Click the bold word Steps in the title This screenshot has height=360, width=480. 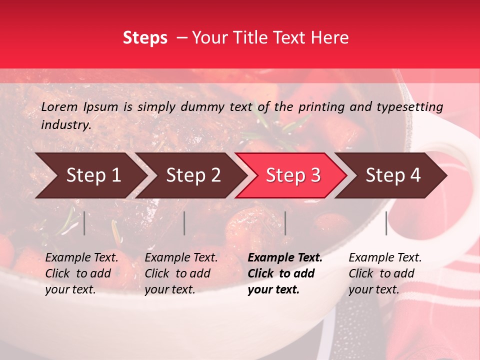[x=145, y=38]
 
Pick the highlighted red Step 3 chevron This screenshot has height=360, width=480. [x=291, y=175]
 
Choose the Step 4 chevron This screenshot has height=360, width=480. [x=391, y=175]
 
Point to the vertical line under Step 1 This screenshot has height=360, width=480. [x=84, y=223]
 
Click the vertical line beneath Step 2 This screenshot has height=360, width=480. [x=184, y=223]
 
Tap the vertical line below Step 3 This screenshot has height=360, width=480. [x=285, y=223]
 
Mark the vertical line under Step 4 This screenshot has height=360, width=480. [x=386, y=223]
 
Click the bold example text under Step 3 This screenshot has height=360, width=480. [x=285, y=273]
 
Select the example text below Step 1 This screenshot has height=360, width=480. [x=81, y=273]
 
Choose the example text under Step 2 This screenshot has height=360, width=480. [x=181, y=273]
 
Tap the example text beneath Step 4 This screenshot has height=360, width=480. [x=385, y=273]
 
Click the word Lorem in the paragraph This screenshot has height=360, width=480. [x=59, y=106]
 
